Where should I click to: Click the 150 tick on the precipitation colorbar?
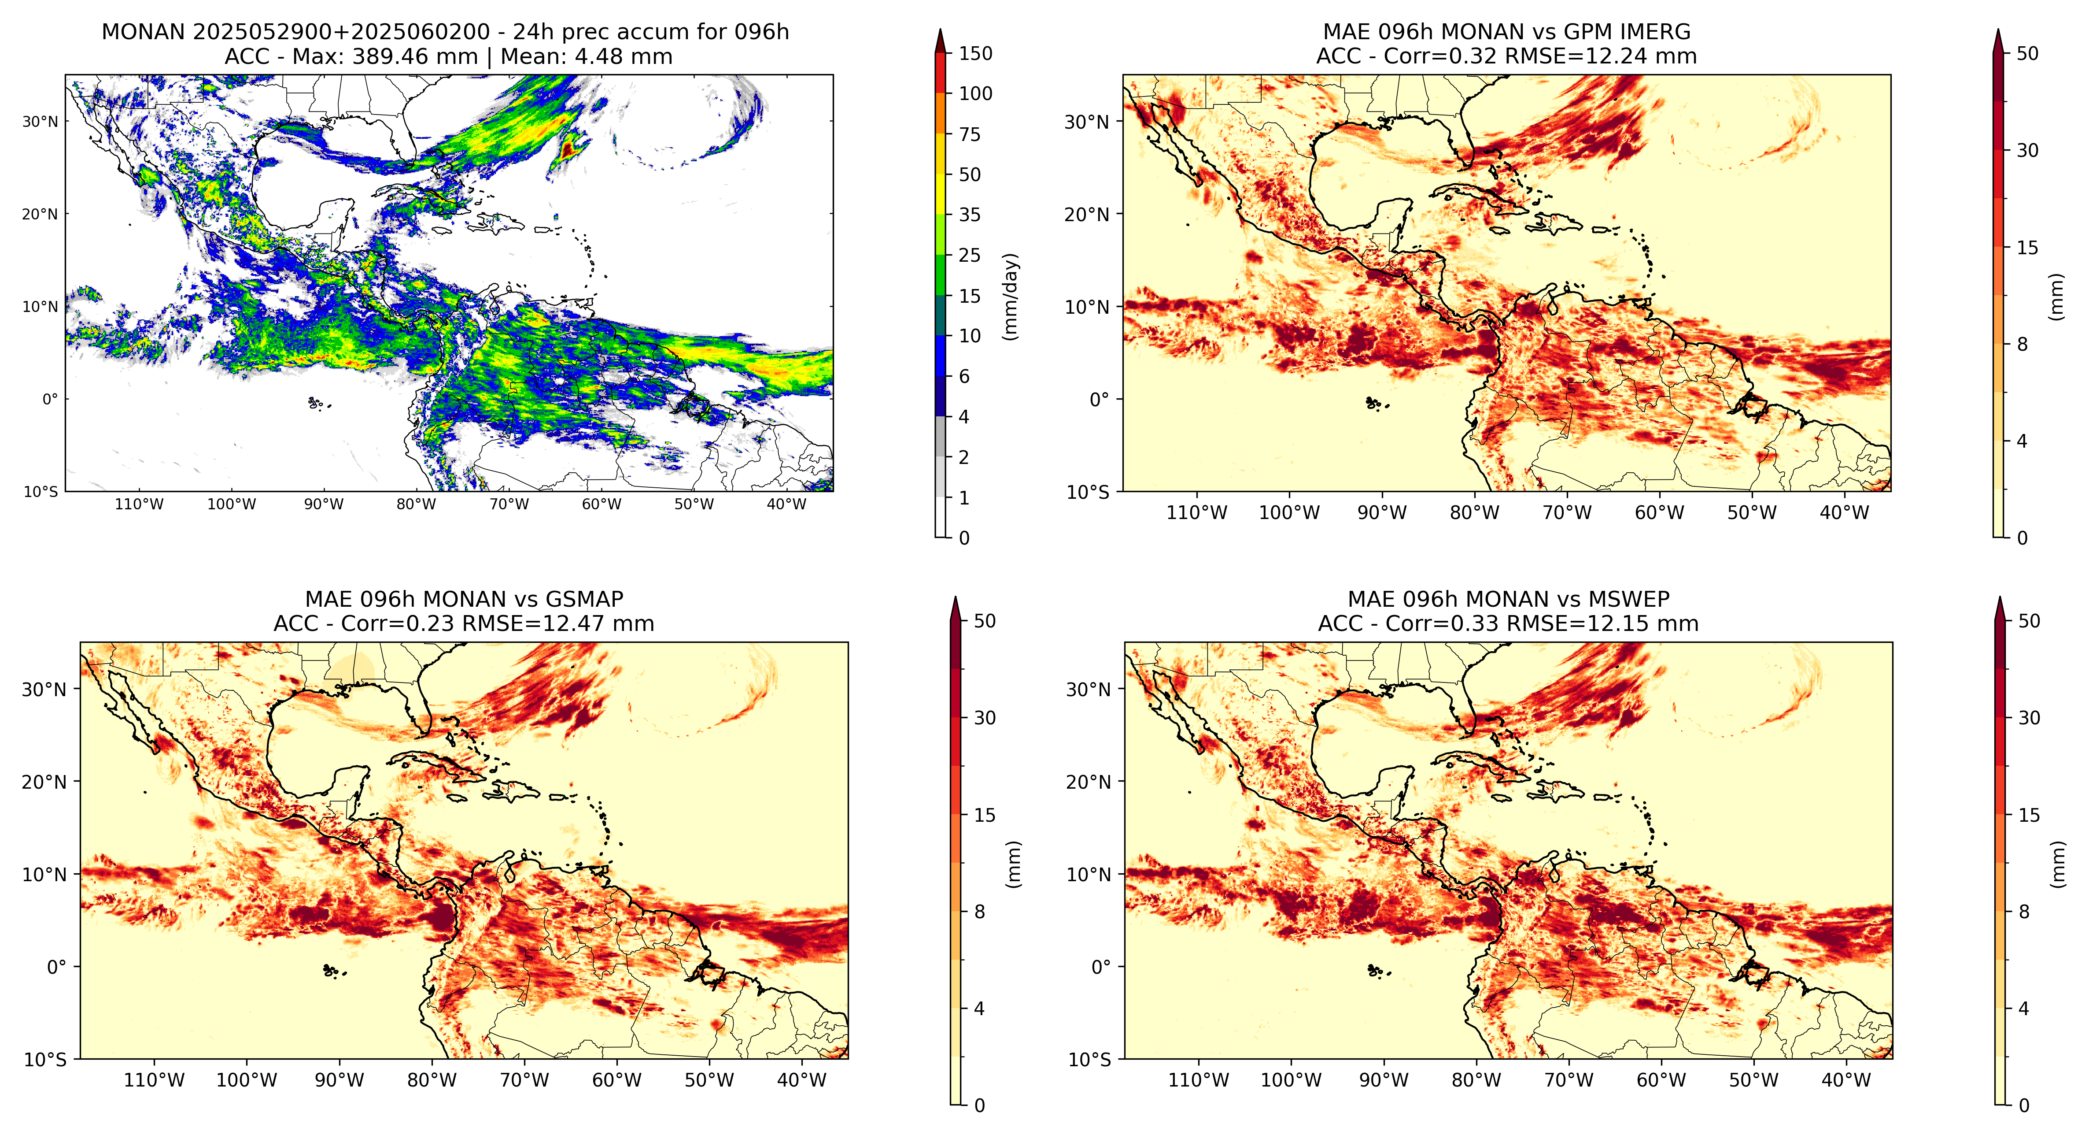975,54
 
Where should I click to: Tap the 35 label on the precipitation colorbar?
970,215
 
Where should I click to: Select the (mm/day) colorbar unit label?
1011,296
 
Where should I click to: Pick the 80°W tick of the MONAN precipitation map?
416,504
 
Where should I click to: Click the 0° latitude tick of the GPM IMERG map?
1100,399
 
